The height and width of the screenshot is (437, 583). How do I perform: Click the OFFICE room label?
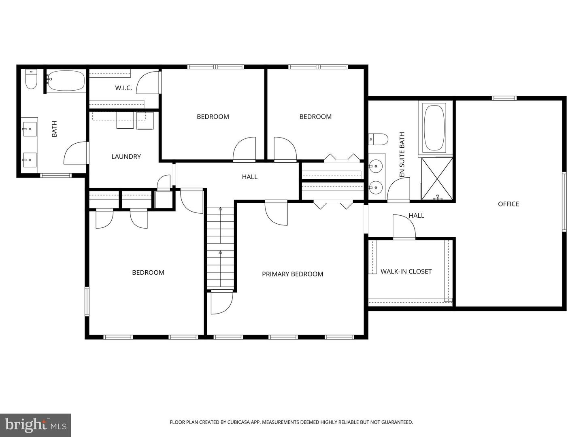point(508,204)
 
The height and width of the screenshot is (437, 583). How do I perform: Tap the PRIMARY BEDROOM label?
point(292,274)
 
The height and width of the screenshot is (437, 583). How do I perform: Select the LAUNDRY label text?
point(126,157)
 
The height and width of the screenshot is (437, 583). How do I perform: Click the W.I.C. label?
point(123,88)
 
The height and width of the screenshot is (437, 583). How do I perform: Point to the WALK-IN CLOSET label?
point(406,272)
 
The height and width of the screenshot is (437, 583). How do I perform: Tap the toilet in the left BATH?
point(31,79)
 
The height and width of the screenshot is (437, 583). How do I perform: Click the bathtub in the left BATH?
point(66,81)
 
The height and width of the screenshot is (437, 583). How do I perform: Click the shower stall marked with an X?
point(437,179)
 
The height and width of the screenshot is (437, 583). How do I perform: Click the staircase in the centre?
point(221,247)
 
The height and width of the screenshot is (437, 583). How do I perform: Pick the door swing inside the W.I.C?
point(148,83)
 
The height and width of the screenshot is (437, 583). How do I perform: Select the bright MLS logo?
point(36,425)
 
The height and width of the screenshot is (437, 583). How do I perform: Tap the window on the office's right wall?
point(564,202)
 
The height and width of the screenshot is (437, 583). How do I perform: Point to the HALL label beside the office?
point(416,216)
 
